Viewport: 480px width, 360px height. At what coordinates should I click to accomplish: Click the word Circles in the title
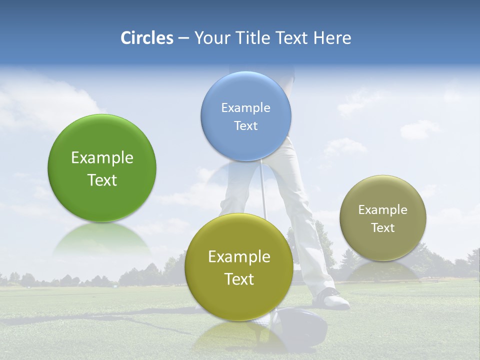(147, 38)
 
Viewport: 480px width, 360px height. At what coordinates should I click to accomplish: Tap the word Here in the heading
(332, 38)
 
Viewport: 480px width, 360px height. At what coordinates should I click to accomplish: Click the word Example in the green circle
(102, 158)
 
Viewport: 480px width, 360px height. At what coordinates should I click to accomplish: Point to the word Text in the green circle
(102, 180)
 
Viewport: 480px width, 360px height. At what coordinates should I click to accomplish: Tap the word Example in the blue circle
(245, 108)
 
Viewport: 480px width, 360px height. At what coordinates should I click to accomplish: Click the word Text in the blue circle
(245, 126)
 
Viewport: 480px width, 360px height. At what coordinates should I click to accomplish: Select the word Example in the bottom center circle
(239, 257)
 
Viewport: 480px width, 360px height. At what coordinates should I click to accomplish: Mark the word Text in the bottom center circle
(239, 279)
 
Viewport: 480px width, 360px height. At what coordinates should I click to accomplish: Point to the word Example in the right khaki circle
(382, 210)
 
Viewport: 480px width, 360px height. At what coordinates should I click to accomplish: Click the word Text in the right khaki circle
(382, 228)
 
